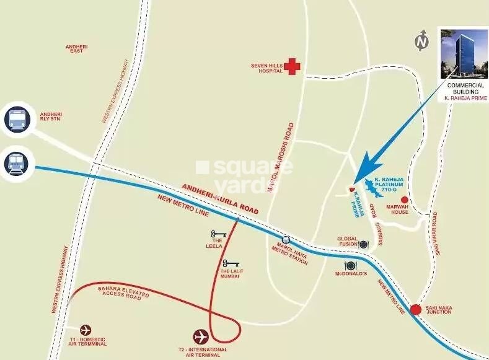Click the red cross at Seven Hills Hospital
point(293,67)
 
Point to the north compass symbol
point(423,41)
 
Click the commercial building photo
point(462,53)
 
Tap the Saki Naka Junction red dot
point(416,309)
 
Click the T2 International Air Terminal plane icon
point(201,336)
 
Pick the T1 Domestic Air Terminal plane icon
point(86,330)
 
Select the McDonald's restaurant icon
point(351,266)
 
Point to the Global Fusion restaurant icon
point(363,244)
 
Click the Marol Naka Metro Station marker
point(285,240)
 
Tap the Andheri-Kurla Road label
point(219,198)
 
